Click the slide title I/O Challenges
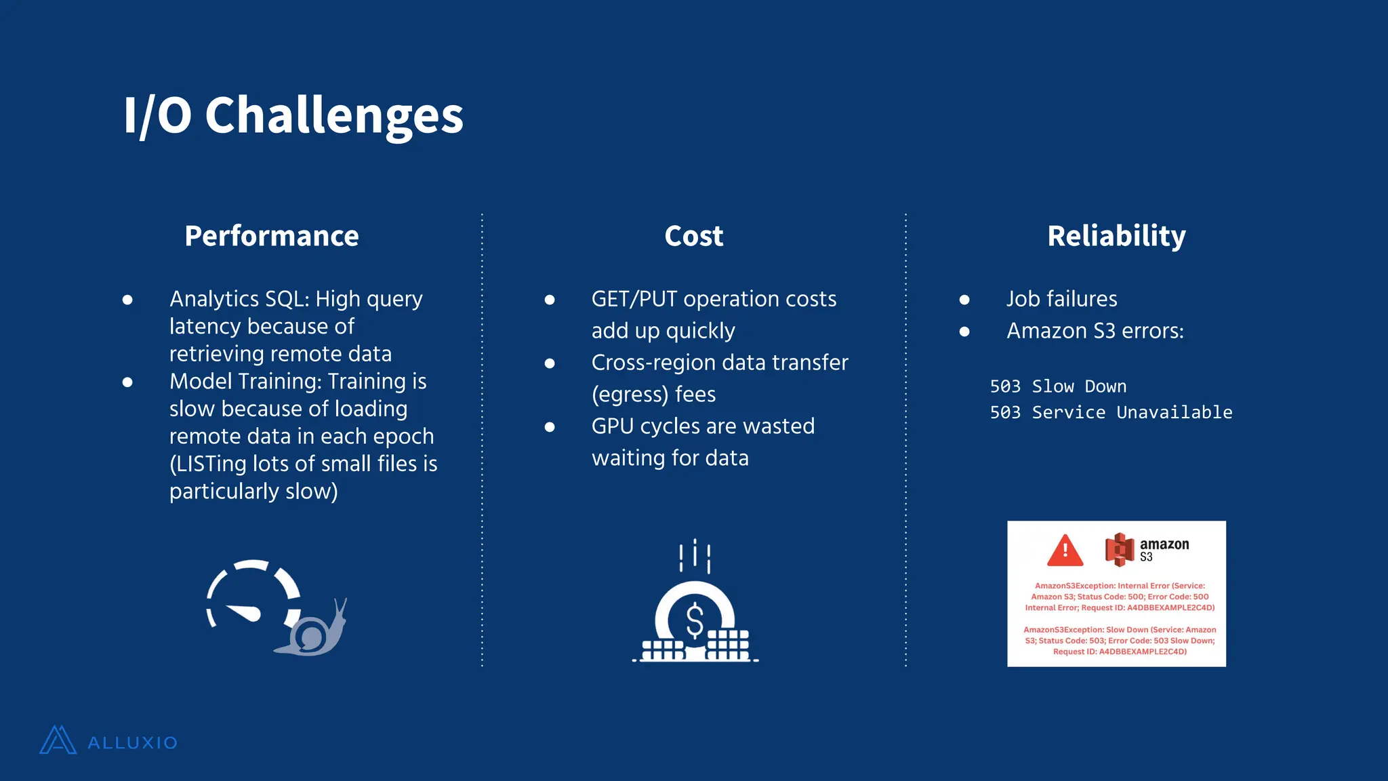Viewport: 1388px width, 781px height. point(293,115)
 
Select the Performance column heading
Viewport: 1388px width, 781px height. point(271,236)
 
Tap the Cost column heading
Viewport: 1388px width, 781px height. point(693,236)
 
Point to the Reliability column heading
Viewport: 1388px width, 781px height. point(1116,236)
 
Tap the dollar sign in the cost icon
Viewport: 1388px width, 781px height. point(695,620)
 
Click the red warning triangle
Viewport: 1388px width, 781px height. point(1065,550)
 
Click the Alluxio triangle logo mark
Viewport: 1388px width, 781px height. point(58,740)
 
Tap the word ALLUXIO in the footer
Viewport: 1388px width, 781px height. point(132,743)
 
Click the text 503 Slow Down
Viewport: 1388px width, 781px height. point(1058,386)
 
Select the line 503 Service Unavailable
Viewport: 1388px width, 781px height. point(1111,412)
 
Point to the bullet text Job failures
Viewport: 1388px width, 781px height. point(1061,299)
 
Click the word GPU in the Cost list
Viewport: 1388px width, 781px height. point(613,426)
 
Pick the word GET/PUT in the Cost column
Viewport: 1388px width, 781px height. point(634,299)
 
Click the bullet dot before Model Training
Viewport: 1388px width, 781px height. point(127,382)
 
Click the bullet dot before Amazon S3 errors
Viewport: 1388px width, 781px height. point(964,332)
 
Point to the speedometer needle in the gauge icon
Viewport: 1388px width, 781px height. point(244,612)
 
